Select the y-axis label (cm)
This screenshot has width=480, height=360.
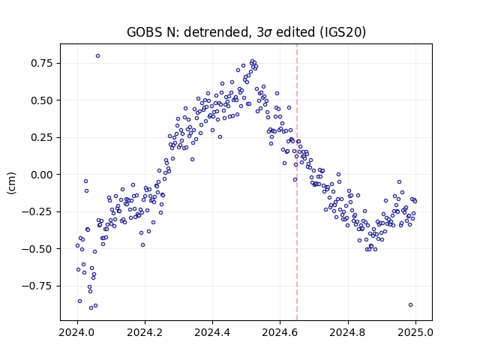pyautogui.click(x=11, y=183)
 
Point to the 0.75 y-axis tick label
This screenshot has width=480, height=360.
pyautogui.click(x=42, y=63)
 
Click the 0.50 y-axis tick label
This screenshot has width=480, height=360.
pyautogui.click(x=42, y=100)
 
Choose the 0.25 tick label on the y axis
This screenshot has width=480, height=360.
pyautogui.click(x=42, y=137)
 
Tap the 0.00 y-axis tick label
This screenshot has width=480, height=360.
pyautogui.click(x=42, y=175)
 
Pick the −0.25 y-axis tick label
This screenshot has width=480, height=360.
pyautogui.click(x=37, y=211)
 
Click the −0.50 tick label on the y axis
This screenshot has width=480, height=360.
pyautogui.click(x=37, y=249)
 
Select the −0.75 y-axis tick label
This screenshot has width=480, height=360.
pyautogui.click(x=37, y=286)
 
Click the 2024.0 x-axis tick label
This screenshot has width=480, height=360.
pyautogui.click(x=77, y=332)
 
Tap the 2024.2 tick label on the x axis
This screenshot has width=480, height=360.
pyautogui.click(x=145, y=332)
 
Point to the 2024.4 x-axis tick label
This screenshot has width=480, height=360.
pyautogui.click(x=212, y=332)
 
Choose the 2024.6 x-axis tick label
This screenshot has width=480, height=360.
pyautogui.click(x=280, y=332)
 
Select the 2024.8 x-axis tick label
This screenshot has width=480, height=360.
pyautogui.click(x=348, y=332)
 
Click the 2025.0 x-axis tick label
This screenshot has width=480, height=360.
pyautogui.click(x=415, y=332)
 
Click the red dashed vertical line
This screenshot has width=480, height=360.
pyautogui.click(x=297, y=182)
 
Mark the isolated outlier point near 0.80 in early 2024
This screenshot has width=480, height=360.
pyautogui.click(x=97, y=56)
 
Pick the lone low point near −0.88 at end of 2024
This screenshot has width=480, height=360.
pyautogui.click(x=410, y=305)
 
